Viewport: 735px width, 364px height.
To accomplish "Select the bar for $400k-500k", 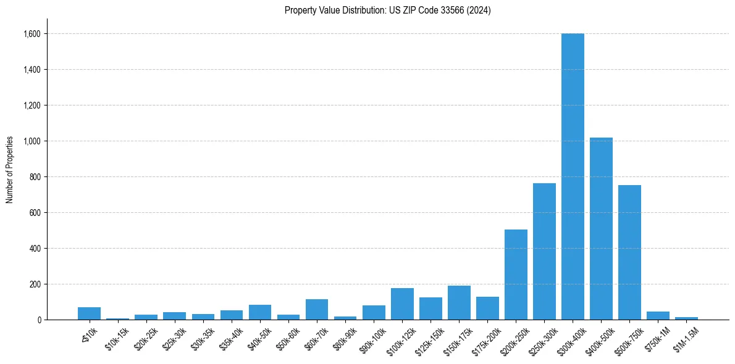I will (601, 228).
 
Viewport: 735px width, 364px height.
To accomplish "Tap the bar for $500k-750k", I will (629, 252).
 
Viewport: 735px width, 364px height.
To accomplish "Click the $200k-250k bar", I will (516, 275).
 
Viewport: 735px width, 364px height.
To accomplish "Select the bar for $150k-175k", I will (459, 303).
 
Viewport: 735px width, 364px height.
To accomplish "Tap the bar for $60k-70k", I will (317, 310).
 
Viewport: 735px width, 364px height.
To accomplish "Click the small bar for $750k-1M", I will (658, 316).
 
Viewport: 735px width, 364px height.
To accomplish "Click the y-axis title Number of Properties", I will (9, 170).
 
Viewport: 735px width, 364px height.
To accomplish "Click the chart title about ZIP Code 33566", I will (387, 10).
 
